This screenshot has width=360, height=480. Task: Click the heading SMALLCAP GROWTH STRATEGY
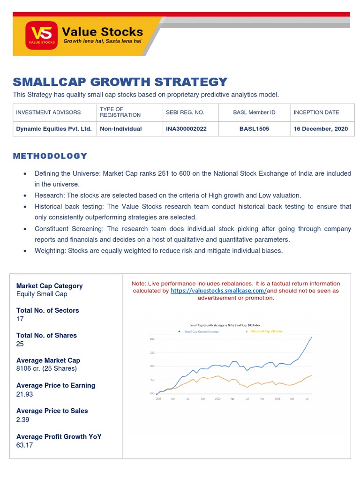[x=120, y=82]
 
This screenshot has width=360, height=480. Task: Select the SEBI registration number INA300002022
[x=186, y=128]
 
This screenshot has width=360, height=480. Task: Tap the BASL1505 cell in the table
[x=254, y=128]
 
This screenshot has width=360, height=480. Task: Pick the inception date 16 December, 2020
[x=321, y=128]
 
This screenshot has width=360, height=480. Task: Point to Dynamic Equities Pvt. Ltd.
[x=54, y=128]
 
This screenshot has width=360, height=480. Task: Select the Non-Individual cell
[x=120, y=128]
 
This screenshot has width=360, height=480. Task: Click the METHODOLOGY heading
[x=50, y=156]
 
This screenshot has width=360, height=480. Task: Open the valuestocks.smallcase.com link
[x=218, y=291]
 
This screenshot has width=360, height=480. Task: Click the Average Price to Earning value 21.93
[x=24, y=394]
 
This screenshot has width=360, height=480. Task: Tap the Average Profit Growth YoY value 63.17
[x=24, y=445]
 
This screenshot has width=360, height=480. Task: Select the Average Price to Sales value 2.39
[x=22, y=419]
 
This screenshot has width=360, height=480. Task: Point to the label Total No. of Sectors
[x=47, y=310]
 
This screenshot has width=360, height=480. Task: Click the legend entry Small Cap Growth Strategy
[x=202, y=331]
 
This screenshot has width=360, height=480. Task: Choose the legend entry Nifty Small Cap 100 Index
[x=266, y=331]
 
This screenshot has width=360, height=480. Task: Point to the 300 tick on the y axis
[x=152, y=339]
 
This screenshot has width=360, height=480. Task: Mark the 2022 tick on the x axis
[x=217, y=398]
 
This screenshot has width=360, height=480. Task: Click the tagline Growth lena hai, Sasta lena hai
[x=103, y=41]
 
